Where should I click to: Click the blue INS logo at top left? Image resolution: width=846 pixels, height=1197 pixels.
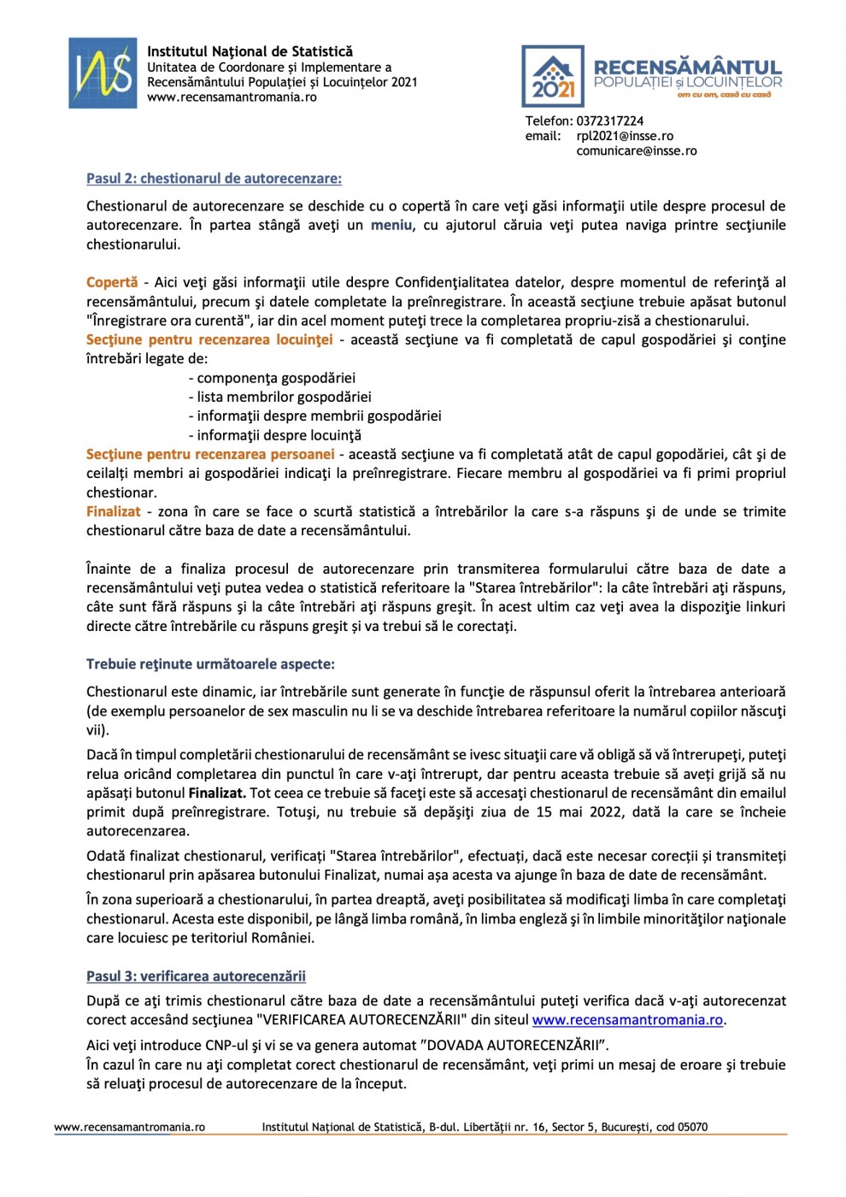[x=103, y=73]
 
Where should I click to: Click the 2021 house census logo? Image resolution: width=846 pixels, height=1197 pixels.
[x=553, y=76]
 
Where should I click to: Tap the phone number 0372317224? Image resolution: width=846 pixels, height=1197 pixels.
[x=609, y=121]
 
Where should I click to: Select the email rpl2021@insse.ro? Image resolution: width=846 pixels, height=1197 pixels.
[x=625, y=136]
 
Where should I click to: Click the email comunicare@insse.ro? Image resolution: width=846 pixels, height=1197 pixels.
[x=637, y=150]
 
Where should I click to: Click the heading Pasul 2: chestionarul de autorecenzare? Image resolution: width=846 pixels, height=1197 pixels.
[x=214, y=179]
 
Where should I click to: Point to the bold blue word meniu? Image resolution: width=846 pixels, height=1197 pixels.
[x=391, y=225]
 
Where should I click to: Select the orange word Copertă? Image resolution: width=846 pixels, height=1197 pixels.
[x=112, y=282]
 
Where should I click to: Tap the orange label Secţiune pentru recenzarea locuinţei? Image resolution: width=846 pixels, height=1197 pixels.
[x=209, y=339]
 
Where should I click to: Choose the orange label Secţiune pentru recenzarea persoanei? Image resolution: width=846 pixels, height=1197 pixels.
[x=210, y=454]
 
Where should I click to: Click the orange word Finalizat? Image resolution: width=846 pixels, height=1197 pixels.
[x=113, y=511]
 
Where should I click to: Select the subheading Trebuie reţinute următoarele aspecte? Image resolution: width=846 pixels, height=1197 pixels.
[x=210, y=664]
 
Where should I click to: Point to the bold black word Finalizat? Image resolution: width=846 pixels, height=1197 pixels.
[x=217, y=793]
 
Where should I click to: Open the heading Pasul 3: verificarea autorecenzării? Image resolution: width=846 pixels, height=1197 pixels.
[x=196, y=976]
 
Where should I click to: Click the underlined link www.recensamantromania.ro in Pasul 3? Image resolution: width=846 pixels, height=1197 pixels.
[x=627, y=1019]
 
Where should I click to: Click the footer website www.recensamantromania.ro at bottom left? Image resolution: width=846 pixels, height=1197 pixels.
[x=130, y=1127]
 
